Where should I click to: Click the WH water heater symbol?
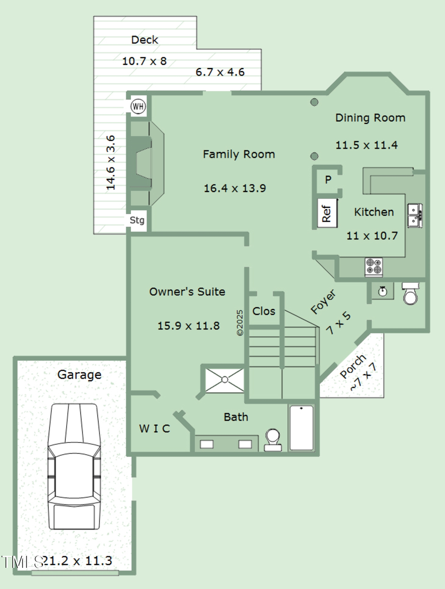point(138,107)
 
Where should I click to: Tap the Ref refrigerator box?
point(327,212)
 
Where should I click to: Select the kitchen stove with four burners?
point(373,267)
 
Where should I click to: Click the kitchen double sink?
point(414,215)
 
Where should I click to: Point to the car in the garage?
point(74,466)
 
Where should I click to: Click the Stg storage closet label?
point(137,220)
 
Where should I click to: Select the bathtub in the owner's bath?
point(301,428)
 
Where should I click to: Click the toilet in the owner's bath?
point(272,440)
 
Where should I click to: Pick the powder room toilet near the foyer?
point(410,293)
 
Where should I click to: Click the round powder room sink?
point(382,292)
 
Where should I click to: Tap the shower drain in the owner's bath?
point(225,380)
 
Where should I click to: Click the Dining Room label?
point(370,118)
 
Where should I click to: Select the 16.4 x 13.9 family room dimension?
point(235,188)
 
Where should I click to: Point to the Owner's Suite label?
point(187,292)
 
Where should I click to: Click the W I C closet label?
point(154,429)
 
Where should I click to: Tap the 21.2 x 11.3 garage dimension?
point(78,561)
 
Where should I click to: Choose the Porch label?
point(353,366)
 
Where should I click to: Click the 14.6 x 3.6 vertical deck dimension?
point(111,162)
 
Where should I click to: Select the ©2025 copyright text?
point(240,323)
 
